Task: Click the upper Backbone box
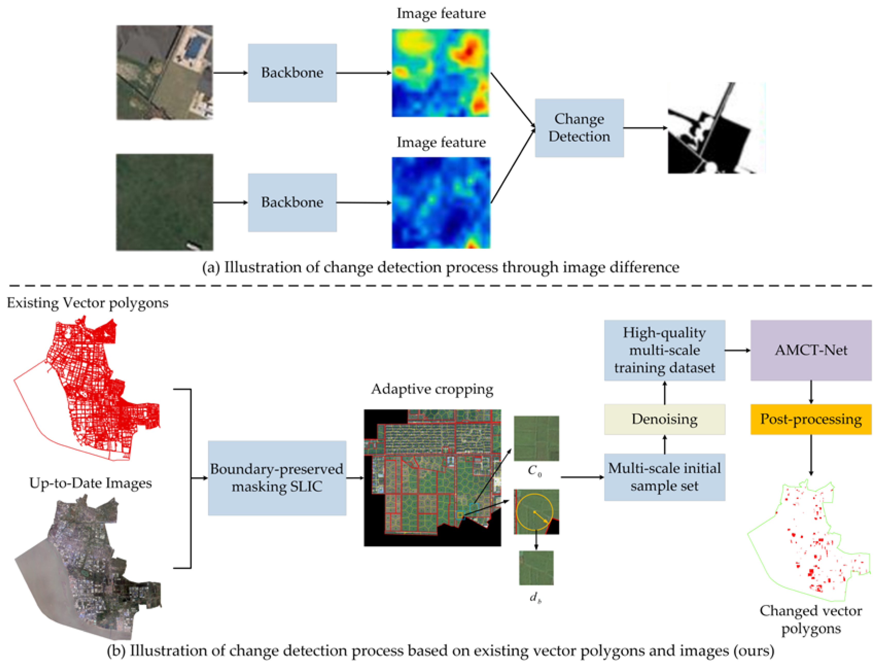pyautogui.click(x=292, y=73)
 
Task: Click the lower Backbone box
pyautogui.click(x=292, y=202)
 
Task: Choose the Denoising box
pyautogui.click(x=664, y=419)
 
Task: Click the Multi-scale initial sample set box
pyautogui.click(x=664, y=477)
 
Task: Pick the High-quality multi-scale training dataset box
pyautogui.click(x=664, y=350)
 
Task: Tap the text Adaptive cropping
pyautogui.click(x=432, y=389)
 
